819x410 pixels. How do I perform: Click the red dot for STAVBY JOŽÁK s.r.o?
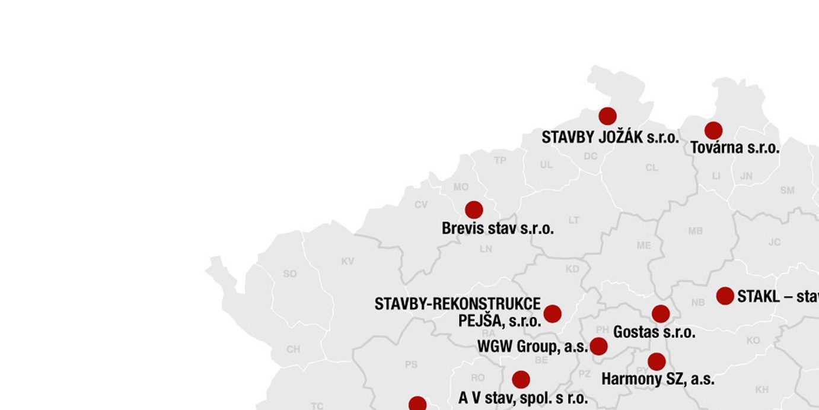tap(607, 116)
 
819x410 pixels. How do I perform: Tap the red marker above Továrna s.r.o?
tap(713, 131)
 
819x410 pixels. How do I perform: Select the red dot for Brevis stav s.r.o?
tap(474, 209)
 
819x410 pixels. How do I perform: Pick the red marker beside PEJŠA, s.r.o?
tap(552, 314)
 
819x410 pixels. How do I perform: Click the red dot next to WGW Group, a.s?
tap(598, 347)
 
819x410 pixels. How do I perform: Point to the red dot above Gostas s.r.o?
tap(661, 314)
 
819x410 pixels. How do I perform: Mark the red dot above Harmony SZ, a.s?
tap(657, 361)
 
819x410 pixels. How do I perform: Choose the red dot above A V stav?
tap(521, 380)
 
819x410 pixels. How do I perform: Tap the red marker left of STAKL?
tap(725, 295)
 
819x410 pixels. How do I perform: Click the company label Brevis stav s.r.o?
tap(498, 228)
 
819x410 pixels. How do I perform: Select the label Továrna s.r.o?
tap(735, 148)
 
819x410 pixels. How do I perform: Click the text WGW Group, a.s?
tap(532, 347)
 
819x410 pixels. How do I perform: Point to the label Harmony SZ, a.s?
tap(658, 379)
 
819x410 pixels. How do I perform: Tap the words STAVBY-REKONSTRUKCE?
tap(457, 304)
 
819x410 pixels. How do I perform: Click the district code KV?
tap(348, 262)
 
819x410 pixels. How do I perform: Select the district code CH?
tap(293, 349)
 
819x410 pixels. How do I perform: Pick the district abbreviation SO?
tap(289, 274)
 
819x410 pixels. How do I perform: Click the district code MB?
tap(696, 231)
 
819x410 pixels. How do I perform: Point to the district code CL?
tap(652, 168)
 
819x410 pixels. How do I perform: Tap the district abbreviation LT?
tap(574, 220)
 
